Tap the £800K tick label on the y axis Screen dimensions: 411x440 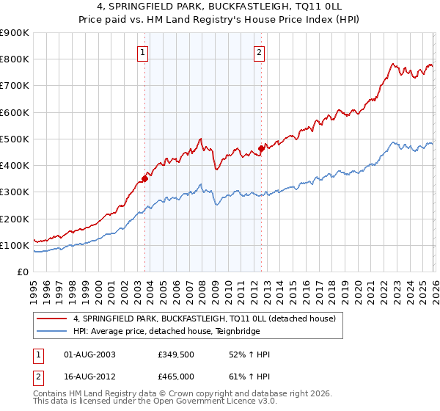(x=14, y=59)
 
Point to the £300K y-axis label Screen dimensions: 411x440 (x=14, y=192)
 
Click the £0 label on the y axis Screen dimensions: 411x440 (x=22, y=272)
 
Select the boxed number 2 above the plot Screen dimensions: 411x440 (x=260, y=52)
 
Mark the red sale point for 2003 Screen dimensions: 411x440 (x=144, y=178)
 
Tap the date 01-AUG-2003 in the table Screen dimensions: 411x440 (x=90, y=354)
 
